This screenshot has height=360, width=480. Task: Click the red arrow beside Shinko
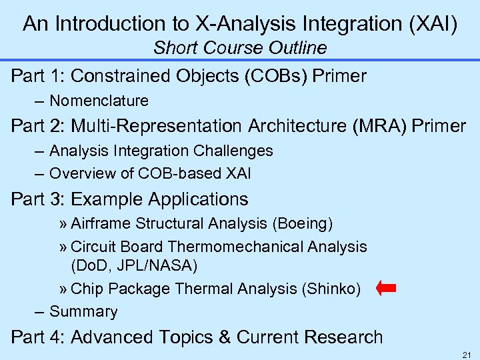pyautogui.click(x=386, y=289)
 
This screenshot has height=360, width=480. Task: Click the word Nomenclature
pyautogui.click(x=99, y=101)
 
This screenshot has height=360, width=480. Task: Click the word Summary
pyautogui.click(x=83, y=311)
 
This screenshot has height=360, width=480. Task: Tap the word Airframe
pyautogui.click(x=99, y=223)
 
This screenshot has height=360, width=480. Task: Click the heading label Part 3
pyautogui.click(x=38, y=199)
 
